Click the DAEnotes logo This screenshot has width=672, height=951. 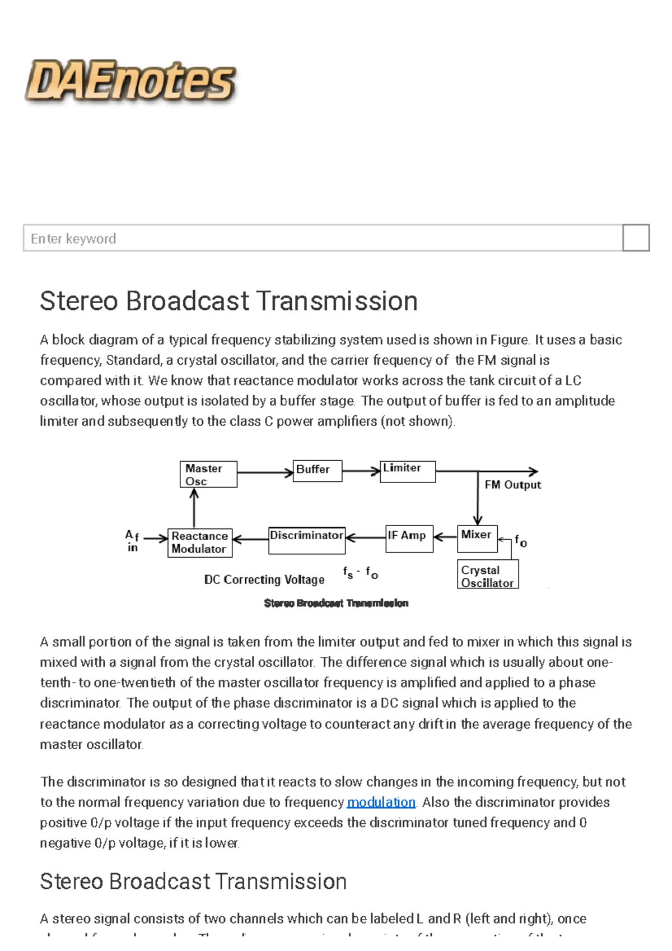click(x=130, y=82)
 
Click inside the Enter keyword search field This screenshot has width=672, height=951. click(x=322, y=238)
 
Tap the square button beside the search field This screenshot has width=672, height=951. click(x=636, y=238)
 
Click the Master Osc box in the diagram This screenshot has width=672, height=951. click(x=208, y=474)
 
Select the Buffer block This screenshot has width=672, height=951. click(x=317, y=470)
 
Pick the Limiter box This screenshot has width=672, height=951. click(x=407, y=471)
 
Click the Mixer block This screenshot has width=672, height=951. click(x=477, y=538)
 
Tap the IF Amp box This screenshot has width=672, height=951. click(x=409, y=538)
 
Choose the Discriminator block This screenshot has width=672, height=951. click(x=306, y=540)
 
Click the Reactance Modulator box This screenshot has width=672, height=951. click(x=199, y=542)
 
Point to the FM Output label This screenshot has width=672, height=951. click(x=512, y=485)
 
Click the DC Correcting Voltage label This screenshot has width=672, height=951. click(x=264, y=579)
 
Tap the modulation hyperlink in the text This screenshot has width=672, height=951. click(x=381, y=802)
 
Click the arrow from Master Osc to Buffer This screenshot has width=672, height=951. click(x=265, y=472)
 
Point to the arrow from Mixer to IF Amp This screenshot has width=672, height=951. click(x=445, y=537)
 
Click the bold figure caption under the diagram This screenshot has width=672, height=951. click(x=336, y=603)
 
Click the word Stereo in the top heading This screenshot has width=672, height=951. click(x=79, y=301)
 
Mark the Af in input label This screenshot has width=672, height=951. click(x=132, y=541)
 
